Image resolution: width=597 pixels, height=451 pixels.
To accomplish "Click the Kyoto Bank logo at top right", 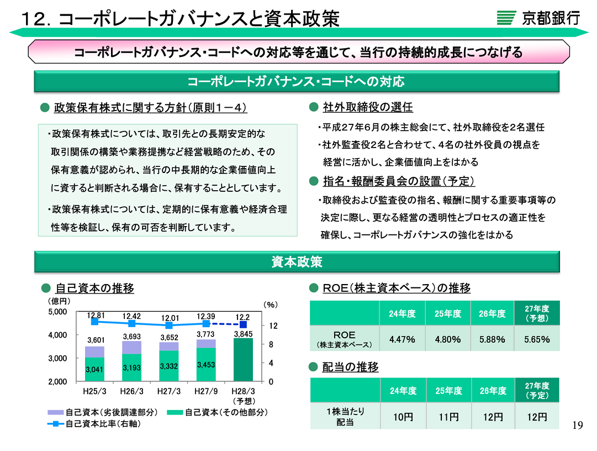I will tap(538, 18).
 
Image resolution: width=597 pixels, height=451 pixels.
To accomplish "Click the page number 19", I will tap(578, 425).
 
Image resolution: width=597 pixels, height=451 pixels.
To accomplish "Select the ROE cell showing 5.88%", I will tap(492, 339).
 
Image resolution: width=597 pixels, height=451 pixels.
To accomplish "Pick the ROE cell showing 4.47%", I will tap(402, 339).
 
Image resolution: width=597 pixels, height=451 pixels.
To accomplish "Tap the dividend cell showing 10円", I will tap(403, 417).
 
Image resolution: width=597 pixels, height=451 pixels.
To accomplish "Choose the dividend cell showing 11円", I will tap(448, 417).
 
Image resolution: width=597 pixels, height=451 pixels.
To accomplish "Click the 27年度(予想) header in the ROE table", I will tap(537, 313).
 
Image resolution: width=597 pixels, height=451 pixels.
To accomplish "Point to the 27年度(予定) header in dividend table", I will tap(537, 391).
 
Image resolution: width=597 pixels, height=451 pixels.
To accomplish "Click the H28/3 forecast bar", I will tap(243, 360).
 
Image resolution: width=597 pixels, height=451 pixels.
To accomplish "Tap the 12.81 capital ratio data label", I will tap(96, 315).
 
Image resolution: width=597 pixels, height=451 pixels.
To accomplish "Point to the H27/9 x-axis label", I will tap(205, 391).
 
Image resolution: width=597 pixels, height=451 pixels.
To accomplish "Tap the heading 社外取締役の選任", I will tap(368, 107).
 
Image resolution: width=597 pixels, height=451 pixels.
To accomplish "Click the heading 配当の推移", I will tap(351, 367).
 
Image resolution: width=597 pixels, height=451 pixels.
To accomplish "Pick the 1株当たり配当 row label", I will tap(345, 417).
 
